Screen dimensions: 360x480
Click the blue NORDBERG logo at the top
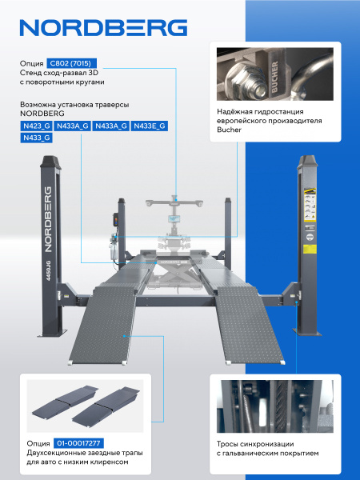103,28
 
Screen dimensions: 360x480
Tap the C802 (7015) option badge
72,63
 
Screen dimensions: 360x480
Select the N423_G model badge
37,126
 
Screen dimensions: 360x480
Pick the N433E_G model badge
150,126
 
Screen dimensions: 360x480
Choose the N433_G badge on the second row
37,138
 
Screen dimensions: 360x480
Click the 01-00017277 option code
78,443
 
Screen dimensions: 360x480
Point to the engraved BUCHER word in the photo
274,77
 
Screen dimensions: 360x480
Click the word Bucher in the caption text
230,130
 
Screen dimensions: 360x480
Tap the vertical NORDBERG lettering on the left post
48,219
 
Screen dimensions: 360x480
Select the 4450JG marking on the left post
48,270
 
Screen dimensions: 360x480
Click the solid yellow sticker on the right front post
310,249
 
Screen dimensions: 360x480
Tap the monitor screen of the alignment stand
174,218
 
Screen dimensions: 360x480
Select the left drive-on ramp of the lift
103,326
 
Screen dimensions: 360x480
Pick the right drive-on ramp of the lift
250,326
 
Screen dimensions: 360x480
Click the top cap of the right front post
308,162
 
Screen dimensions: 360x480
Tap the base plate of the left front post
54,333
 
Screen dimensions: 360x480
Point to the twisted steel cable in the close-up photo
281,406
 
